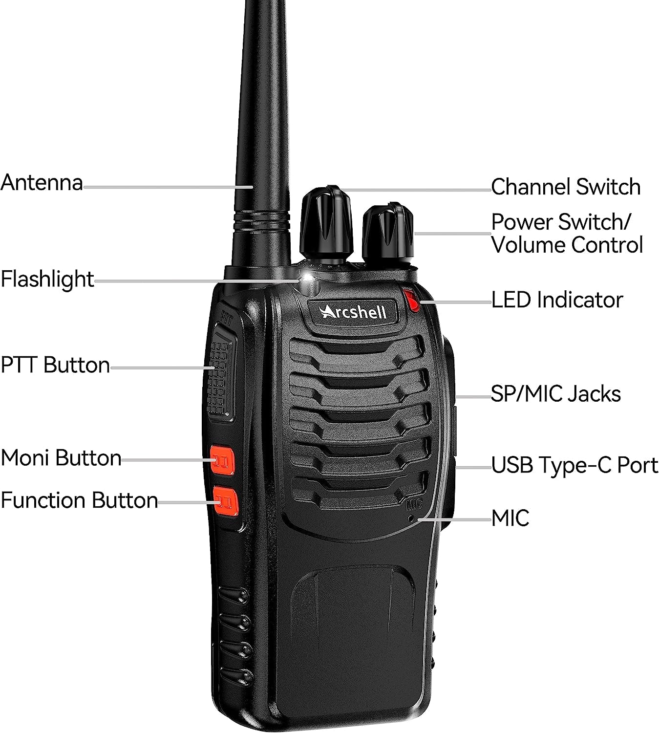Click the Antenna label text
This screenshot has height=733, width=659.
point(42,183)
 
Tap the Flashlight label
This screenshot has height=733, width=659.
point(47,279)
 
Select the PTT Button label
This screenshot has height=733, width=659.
point(55,365)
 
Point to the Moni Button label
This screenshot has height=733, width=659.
point(61,458)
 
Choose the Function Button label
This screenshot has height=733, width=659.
point(79,500)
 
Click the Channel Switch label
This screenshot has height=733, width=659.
point(565,187)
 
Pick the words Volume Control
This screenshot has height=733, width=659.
point(567,245)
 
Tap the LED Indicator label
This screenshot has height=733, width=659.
point(556,300)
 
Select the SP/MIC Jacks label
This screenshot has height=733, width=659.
point(555,394)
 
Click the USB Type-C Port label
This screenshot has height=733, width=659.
point(574,465)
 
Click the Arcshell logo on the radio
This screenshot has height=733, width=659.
point(353,311)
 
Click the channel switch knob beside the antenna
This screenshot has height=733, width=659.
point(326,225)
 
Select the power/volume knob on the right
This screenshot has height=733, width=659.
point(388,234)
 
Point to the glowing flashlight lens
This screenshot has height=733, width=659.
point(308,280)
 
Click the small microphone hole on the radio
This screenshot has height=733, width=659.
point(411,517)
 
